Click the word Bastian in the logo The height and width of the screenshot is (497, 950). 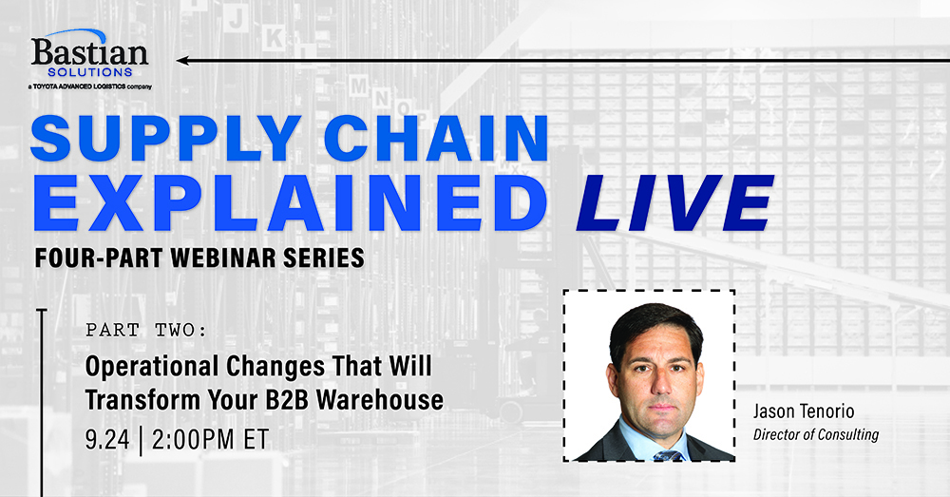click(89, 52)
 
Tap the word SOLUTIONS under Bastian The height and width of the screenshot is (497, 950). click(90, 72)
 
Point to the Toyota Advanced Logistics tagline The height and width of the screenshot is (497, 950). click(89, 86)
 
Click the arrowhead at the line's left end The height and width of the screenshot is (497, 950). click(181, 61)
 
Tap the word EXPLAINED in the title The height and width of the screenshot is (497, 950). click(290, 202)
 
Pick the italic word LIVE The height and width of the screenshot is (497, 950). click(674, 202)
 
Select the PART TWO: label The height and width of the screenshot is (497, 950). click(146, 331)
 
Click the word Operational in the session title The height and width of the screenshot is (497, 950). click(152, 368)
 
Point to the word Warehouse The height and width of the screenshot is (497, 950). click(380, 400)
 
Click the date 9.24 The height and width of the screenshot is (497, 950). click(107, 439)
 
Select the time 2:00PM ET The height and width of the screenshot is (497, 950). click(210, 439)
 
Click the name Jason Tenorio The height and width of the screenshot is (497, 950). click(804, 411)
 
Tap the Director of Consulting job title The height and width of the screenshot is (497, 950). click(815, 434)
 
